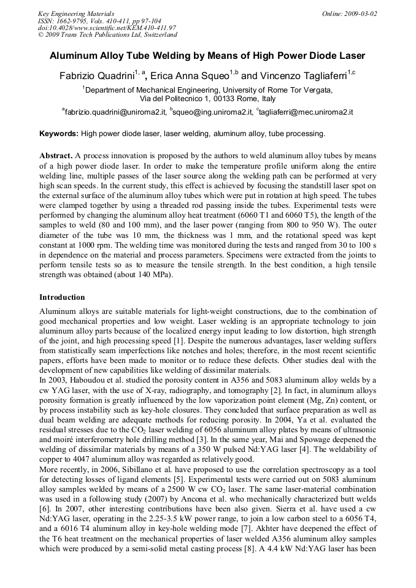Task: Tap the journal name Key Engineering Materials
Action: click(x=72, y=13)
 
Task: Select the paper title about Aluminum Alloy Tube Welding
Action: click(x=207, y=56)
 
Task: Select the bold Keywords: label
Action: click(x=59, y=133)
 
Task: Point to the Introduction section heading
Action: click(x=62, y=297)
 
